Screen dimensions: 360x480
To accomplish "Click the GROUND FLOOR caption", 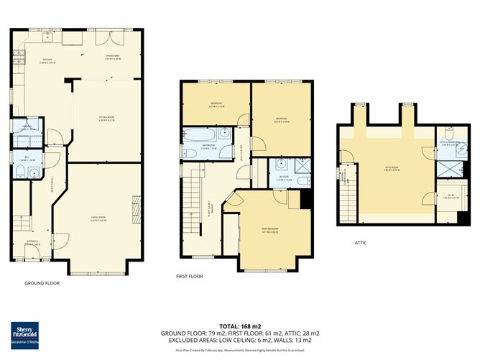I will point(42,283).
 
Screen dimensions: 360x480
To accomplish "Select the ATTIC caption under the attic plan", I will point(361,243).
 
